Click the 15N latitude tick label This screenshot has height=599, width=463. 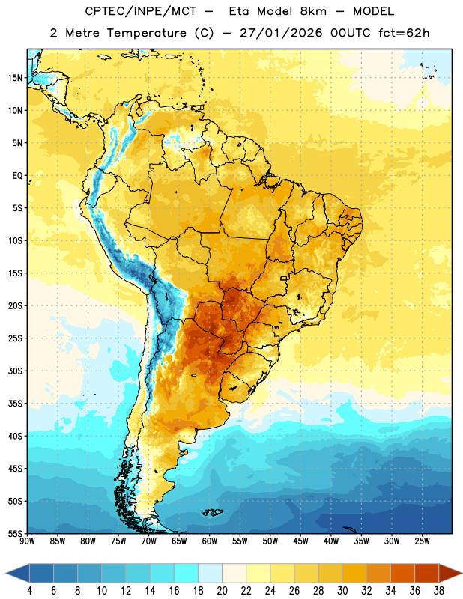15,78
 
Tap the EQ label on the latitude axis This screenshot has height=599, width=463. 17,176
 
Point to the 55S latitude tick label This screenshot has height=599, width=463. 15,533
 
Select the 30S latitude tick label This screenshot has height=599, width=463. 15,371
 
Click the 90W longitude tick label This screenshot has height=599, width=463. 27,541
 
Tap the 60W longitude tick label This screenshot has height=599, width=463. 210,541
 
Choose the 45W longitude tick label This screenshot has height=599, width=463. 301,541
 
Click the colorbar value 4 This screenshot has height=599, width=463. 29,591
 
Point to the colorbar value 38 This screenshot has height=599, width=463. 439,591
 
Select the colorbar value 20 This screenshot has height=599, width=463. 222,591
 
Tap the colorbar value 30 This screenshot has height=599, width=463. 342,591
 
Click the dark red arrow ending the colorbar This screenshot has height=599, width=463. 450,573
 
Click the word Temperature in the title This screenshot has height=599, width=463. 146,33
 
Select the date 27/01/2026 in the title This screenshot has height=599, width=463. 281,33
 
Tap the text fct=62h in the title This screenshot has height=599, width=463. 404,33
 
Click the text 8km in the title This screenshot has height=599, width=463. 313,11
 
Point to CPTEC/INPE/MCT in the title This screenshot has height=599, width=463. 141,11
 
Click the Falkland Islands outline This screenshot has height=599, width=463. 213,512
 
